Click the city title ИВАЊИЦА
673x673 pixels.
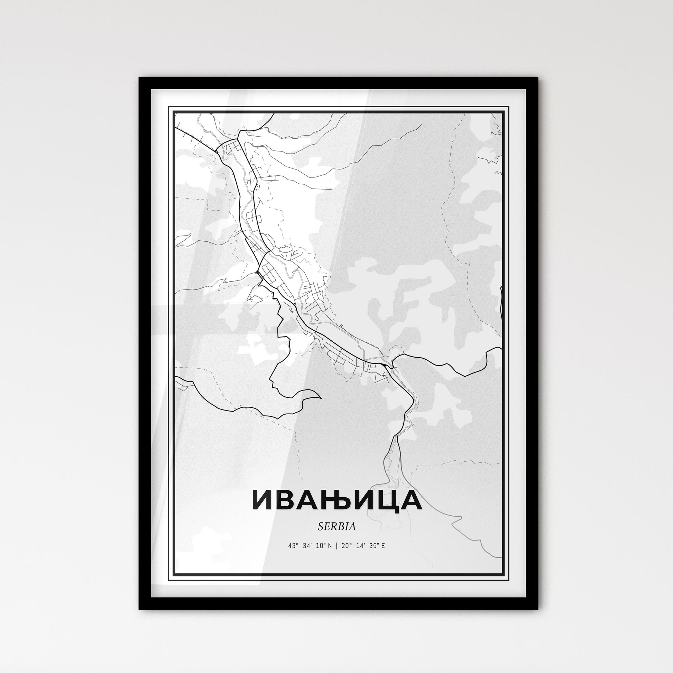coord(336,500)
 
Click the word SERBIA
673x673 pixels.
coord(336,527)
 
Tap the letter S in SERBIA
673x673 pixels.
coord(320,527)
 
